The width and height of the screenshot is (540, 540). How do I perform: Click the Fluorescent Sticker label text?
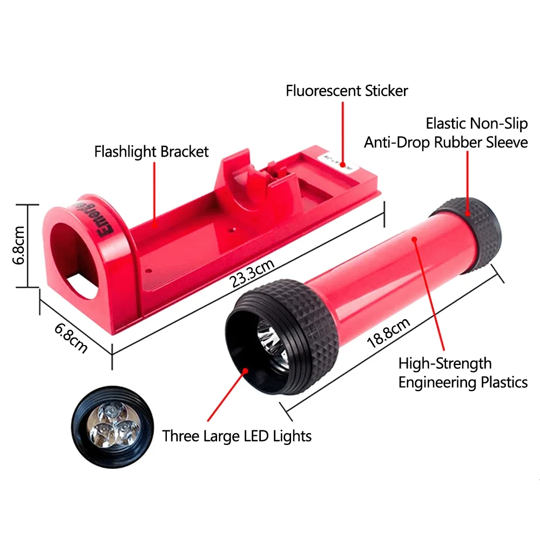(347, 90)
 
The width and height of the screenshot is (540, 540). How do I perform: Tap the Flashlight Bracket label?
(151, 151)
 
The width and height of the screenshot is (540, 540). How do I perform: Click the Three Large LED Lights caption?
(237, 435)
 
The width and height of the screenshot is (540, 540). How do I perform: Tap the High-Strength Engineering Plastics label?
(462, 373)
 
